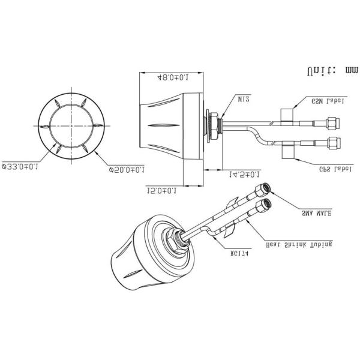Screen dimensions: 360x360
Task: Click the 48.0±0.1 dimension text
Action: [x=173, y=77]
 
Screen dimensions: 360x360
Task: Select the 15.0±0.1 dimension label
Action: [x=161, y=191]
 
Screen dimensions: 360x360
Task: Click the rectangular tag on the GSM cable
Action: [x=287, y=115]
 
